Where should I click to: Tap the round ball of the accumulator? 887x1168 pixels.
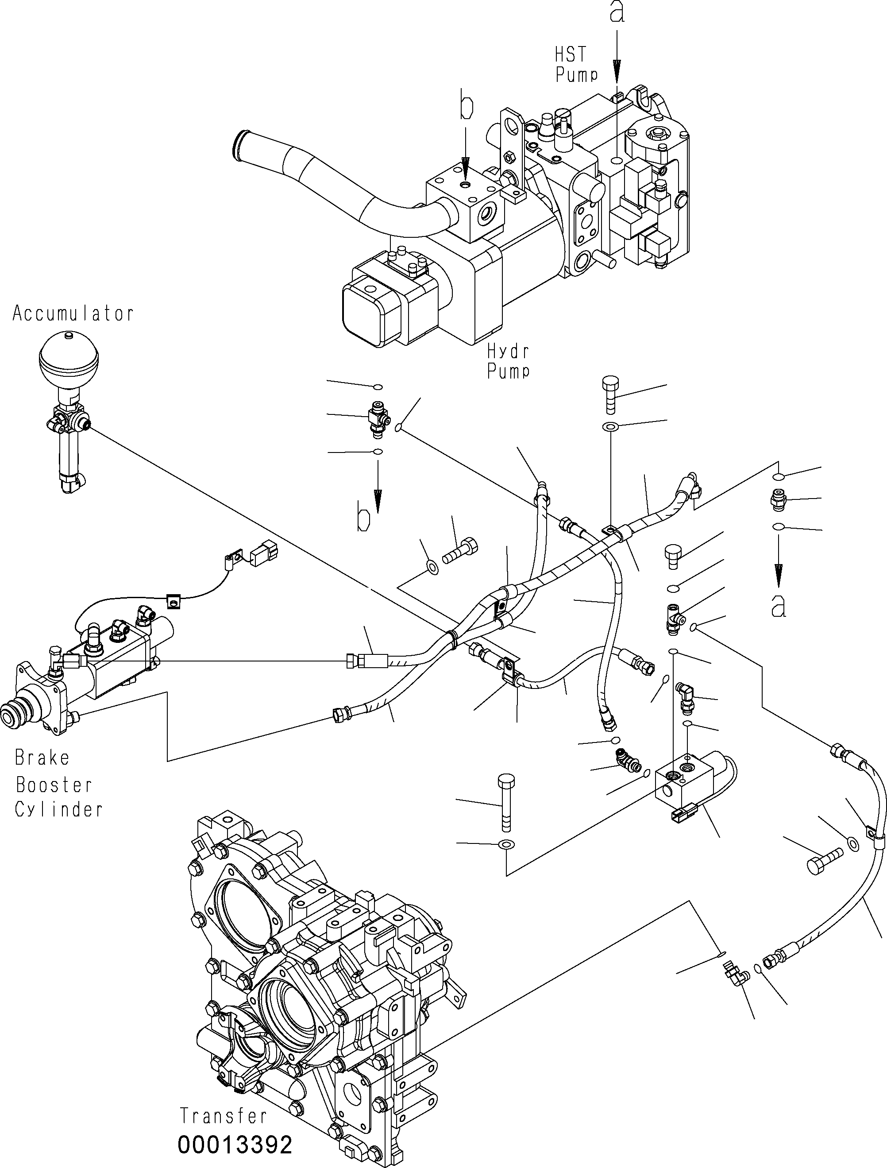[69, 359]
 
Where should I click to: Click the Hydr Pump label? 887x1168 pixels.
[507, 361]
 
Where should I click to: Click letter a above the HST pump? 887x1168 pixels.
[617, 13]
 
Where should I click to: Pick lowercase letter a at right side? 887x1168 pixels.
[778, 606]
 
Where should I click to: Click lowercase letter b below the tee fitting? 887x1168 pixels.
[364, 520]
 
